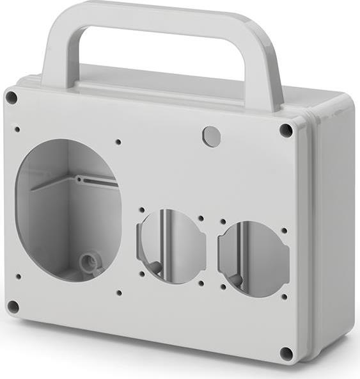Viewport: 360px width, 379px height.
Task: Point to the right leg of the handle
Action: tap(263, 70)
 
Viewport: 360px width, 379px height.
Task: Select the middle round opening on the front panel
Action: tap(171, 246)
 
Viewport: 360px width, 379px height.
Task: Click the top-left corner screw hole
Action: tap(12, 97)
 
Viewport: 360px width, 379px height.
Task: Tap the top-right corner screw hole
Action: tap(286, 130)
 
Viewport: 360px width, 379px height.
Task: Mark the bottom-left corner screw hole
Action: tap(13, 307)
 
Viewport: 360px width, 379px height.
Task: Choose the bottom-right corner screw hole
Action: tap(286, 353)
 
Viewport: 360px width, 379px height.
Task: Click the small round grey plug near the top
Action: tap(211, 136)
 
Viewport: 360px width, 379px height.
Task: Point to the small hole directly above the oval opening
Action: tap(118, 142)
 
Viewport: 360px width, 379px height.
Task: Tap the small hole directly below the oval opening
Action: tap(119, 293)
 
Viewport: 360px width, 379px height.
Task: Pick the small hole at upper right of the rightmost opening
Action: tap(284, 230)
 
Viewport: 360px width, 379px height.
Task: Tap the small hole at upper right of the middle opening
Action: tap(201, 218)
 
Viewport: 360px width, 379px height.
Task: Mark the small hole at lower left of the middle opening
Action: tap(142, 273)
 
